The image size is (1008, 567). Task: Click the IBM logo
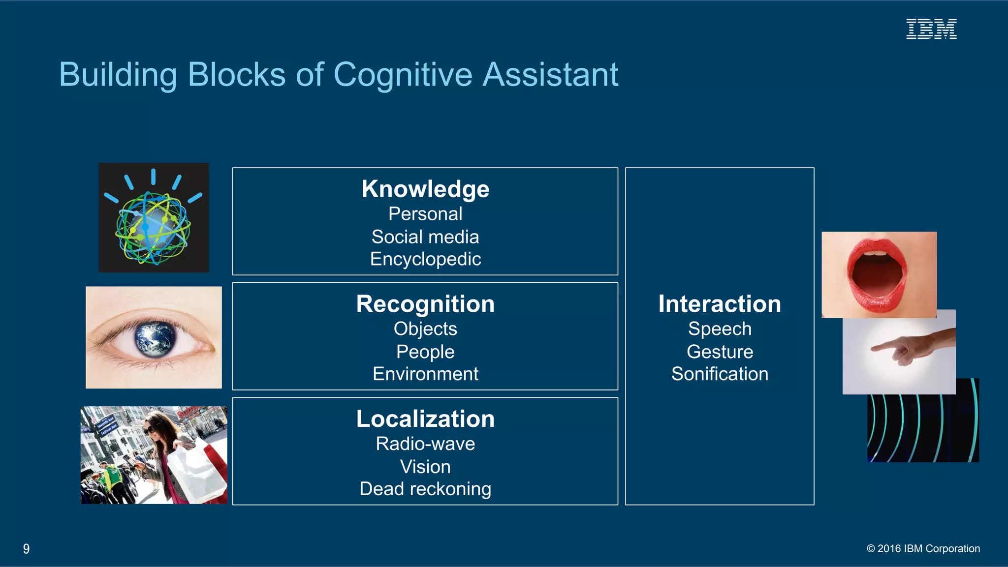pyautogui.click(x=931, y=29)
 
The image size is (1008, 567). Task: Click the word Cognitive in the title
pyautogui.click(x=403, y=75)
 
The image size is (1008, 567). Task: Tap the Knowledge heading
pyautogui.click(x=425, y=189)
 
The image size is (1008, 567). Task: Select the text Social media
pyautogui.click(x=425, y=237)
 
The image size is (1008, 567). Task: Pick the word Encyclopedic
pyautogui.click(x=425, y=259)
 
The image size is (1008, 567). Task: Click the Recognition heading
pyautogui.click(x=425, y=304)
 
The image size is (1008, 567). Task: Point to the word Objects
pyautogui.click(x=425, y=329)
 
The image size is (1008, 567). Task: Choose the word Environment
pyautogui.click(x=425, y=374)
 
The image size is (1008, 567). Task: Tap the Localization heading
pyautogui.click(x=425, y=419)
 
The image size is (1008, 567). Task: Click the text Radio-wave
pyautogui.click(x=425, y=444)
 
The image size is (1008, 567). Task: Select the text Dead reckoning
pyautogui.click(x=425, y=489)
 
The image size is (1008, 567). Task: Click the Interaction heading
pyautogui.click(x=720, y=304)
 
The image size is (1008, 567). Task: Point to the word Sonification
pyautogui.click(x=720, y=374)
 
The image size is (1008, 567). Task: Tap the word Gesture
pyautogui.click(x=720, y=352)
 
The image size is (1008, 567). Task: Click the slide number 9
pyautogui.click(x=27, y=549)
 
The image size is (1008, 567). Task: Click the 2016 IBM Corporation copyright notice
pyautogui.click(x=923, y=549)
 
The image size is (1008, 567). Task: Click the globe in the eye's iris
pyautogui.click(x=156, y=338)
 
